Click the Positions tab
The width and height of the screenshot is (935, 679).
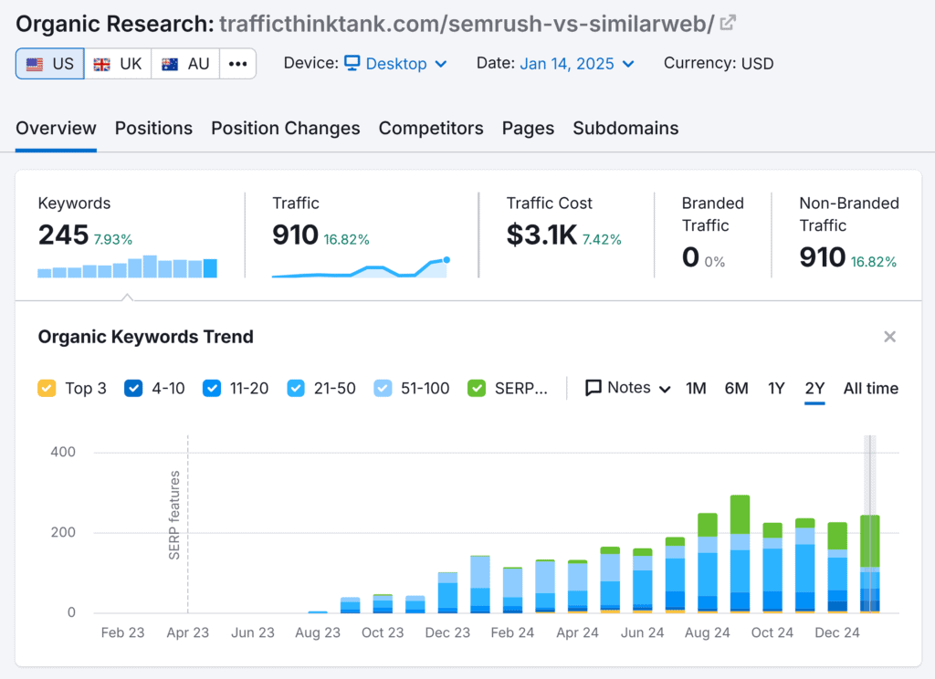(x=153, y=129)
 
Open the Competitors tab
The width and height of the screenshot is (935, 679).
(x=431, y=129)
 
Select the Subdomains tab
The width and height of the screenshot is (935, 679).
(x=625, y=129)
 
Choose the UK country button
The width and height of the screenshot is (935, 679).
(x=118, y=64)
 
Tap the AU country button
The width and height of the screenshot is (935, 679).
(x=185, y=64)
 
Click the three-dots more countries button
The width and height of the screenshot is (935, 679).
(x=237, y=64)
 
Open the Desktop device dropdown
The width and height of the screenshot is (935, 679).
(x=395, y=64)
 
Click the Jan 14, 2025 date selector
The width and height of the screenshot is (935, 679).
(x=576, y=64)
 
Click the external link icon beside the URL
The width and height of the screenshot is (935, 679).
(x=728, y=23)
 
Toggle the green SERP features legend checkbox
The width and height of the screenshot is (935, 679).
(x=477, y=388)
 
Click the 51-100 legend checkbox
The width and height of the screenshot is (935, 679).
(x=383, y=388)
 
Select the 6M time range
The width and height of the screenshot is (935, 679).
(x=736, y=388)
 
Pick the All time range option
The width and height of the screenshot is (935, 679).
(x=870, y=388)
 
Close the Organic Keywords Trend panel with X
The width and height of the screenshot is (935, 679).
(x=889, y=337)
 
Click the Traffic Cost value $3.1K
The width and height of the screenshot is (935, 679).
(x=541, y=235)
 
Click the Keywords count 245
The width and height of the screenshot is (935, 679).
(x=63, y=235)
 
